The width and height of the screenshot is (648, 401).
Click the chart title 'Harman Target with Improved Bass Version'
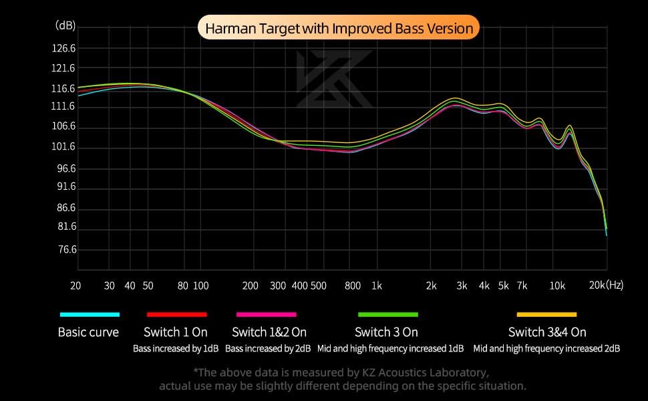(339, 29)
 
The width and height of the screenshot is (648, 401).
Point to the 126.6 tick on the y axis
(64, 49)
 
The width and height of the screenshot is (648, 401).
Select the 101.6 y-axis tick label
(64, 148)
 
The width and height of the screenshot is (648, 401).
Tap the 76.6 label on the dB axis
(65, 249)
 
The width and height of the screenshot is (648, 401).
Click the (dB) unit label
(65, 25)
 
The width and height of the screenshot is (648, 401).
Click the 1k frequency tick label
(377, 285)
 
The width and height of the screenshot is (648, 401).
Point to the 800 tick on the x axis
(353, 285)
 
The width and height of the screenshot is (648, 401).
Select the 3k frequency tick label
(461, 285)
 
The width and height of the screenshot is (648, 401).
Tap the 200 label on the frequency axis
(251, 285)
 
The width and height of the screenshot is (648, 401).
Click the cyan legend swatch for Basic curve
(90, 314)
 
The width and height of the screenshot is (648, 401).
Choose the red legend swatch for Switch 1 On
(176, 314)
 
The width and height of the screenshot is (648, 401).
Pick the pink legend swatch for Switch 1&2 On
(266, 314)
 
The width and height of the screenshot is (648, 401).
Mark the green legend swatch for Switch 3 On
(387, 314)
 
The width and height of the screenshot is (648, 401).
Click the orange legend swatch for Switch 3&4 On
(546, 314)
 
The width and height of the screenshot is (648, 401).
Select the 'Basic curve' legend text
(88, 332)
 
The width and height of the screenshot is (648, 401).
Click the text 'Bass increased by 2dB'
(268, 348)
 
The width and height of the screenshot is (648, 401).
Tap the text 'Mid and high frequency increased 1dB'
(390, 348)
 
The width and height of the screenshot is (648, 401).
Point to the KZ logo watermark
(333, 78)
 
